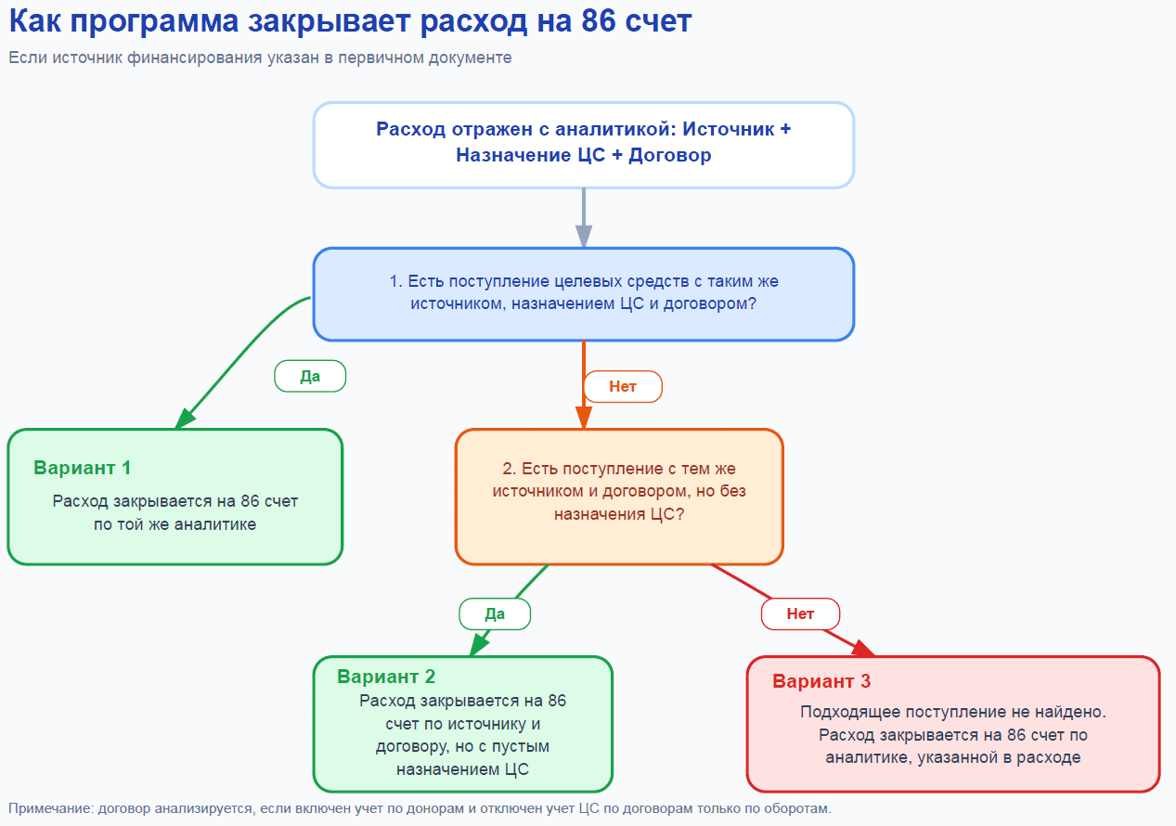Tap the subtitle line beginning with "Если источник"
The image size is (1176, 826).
pos(260,58)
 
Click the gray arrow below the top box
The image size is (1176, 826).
pos(583,218)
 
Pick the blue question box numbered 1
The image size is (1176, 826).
pos(583,293)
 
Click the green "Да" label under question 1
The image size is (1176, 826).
pos(310,376)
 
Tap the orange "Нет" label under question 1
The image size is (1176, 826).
pos(622,386)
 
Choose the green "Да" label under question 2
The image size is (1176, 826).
pos(495,613)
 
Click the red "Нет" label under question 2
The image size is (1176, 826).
pos(800,613)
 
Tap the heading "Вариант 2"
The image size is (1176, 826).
pos(386,677)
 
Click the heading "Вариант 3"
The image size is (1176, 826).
pos(821,681)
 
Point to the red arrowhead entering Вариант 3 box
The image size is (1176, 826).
pos(862,650)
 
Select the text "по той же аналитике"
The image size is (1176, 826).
pos(174,524)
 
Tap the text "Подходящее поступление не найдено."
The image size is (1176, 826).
pos(953,712)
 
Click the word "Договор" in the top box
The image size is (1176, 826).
pos(669,155)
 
